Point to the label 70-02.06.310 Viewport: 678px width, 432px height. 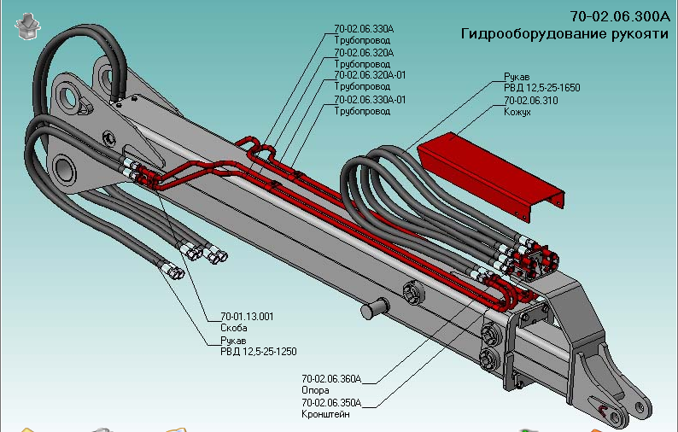(530, 100)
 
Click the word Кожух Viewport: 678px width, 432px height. (517, 111)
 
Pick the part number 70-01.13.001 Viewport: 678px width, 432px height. (247, 316)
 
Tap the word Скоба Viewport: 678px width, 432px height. (234, 328)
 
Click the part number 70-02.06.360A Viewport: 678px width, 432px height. (331, 378)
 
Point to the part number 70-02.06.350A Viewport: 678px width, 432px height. (331, 402)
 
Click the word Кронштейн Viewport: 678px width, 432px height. (325, 414)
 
